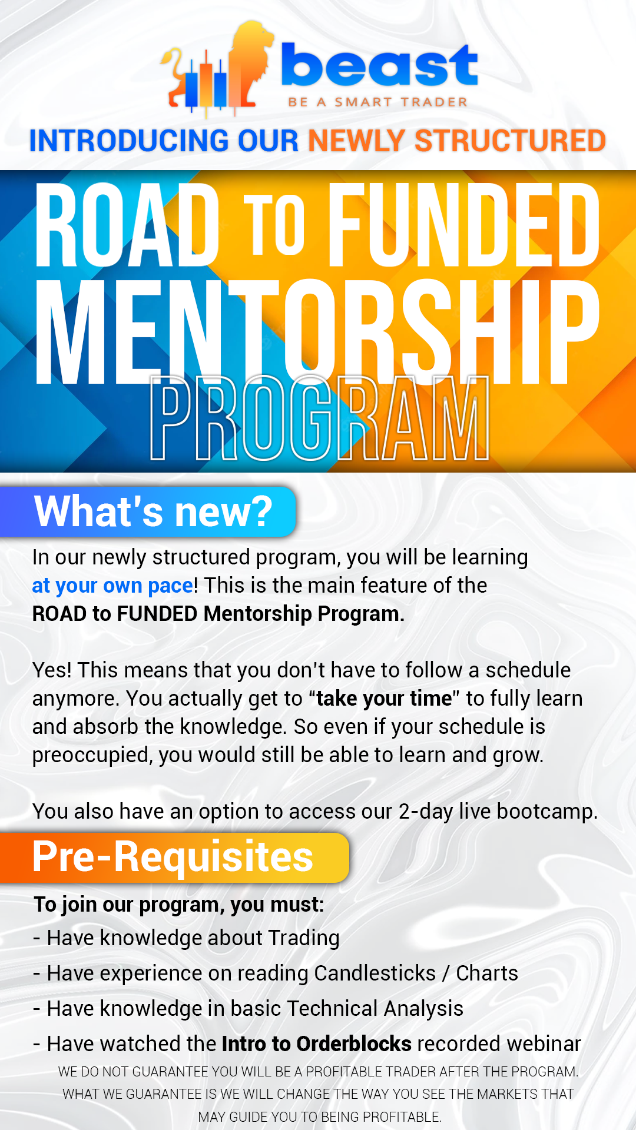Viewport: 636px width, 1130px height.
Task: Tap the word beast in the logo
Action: (379, 66)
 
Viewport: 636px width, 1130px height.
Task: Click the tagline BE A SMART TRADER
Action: (377, 102)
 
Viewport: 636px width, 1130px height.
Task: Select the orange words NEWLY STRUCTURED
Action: (457, 141)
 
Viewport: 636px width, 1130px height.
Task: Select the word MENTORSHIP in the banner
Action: (318, 333)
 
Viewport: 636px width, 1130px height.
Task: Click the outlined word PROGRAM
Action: (319, 418)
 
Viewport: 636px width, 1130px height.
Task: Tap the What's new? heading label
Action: (153, 511)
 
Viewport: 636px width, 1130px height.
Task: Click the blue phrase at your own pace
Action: (112, 586)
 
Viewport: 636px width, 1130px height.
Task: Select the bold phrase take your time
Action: (384, 699)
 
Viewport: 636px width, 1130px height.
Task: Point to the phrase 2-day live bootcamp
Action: (498, 812)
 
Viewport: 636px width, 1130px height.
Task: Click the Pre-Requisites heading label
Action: (173, 857)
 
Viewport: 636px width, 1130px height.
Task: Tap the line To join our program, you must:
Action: (179, 905)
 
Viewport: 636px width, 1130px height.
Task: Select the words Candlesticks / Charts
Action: (416, 973)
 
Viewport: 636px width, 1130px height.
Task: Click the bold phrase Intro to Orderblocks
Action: (317, 1044)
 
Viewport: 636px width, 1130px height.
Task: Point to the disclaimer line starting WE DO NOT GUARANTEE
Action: (318, 1072)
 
